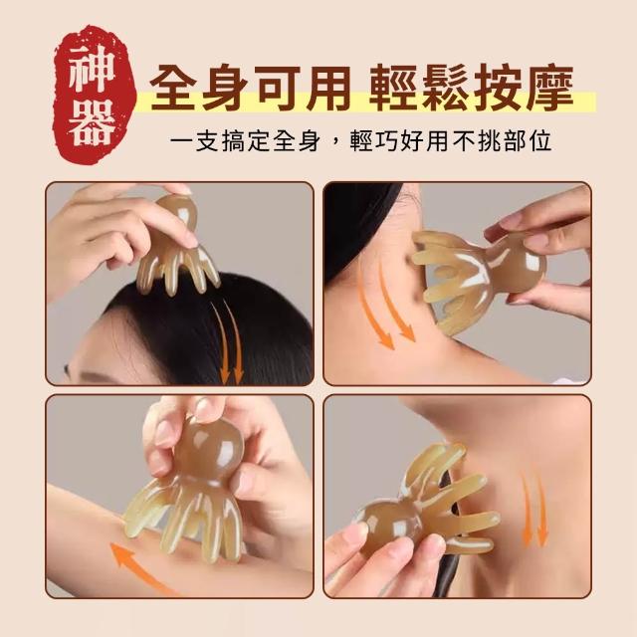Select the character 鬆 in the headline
click(446, 88)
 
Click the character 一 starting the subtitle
click(182, 141)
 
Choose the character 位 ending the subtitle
click(538, 141)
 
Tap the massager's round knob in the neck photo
click(516, 264)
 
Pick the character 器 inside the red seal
click(92, 123)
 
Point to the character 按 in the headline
click(498, 88)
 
